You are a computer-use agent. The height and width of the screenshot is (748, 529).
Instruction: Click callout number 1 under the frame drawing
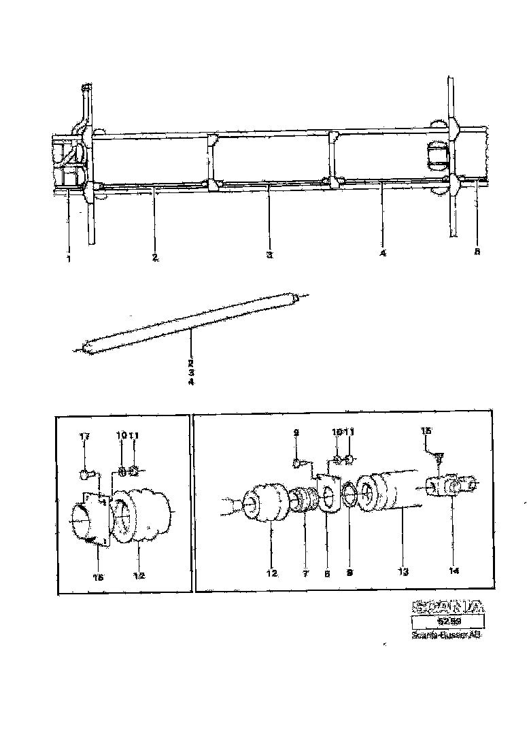(69, 258)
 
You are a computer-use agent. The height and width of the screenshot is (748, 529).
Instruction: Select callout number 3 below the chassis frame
(269, 256)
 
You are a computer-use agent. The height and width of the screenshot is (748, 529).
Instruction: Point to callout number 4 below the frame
(383, 254)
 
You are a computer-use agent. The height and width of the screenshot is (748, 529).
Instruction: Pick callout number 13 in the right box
(403, 573)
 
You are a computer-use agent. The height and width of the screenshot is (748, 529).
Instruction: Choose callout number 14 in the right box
(454, 571)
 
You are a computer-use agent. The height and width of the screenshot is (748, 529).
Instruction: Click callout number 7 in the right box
(305, 574)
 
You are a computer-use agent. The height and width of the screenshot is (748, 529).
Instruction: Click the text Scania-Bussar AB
(447, 636)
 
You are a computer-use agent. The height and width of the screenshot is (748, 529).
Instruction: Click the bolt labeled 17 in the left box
(86, 473)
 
